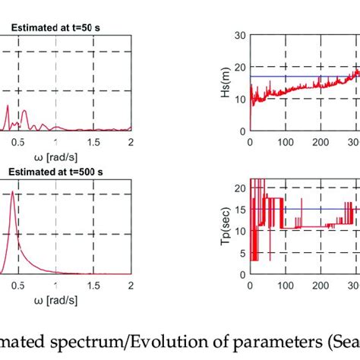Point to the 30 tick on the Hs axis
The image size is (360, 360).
click(x=240, y=35)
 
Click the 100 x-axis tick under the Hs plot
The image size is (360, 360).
click(x=286, y=141)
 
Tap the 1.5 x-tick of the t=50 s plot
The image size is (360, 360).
click(x=93, y=142)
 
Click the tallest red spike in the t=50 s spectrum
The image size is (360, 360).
click(x=8, y=107)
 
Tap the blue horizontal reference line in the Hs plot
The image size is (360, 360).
click(x=304, y=77)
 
